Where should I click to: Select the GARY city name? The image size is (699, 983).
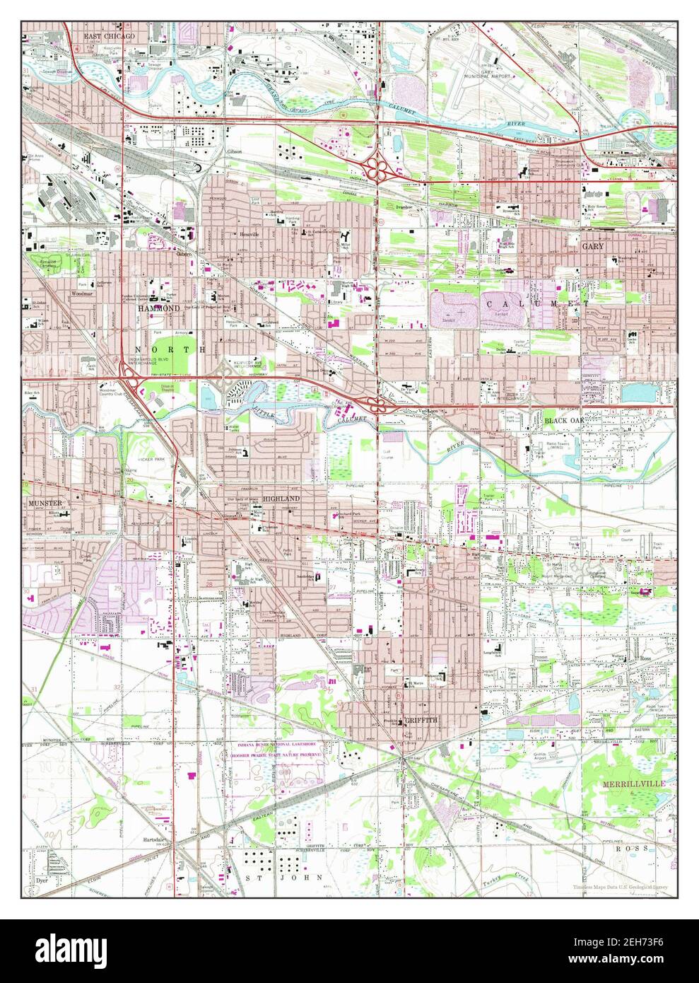[592, 246]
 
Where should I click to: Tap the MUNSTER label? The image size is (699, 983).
[46, 503]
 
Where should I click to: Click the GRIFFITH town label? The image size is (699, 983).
[421, 720]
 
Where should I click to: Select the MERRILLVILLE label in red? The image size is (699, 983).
[633, 784]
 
